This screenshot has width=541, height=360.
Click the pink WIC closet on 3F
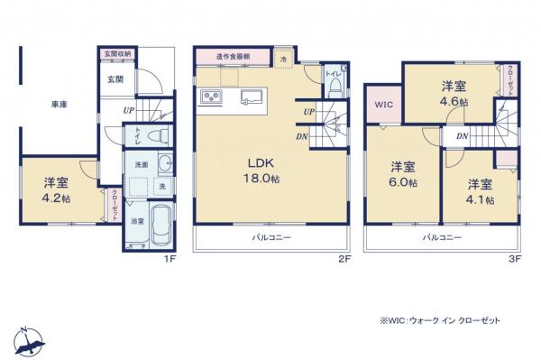[x=383, y=104]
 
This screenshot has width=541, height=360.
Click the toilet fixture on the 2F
[x=335, y=87]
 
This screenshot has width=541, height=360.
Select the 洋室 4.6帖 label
[x=454, y=93]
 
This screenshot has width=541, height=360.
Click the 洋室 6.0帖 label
[x=403, y=174]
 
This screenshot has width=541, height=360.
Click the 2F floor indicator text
[x=344, y=258]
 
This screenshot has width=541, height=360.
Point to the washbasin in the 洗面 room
[x=166, y=166]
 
